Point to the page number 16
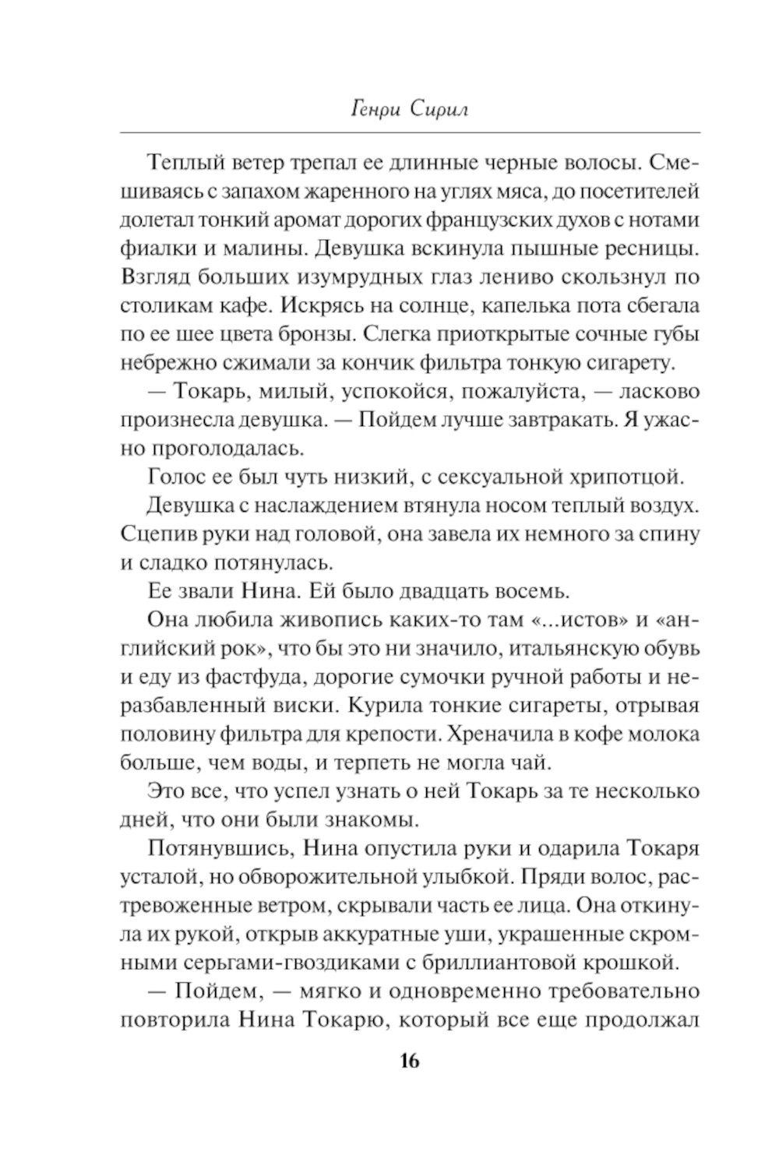tap(409, 1060)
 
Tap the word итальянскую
tap(542, 647)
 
